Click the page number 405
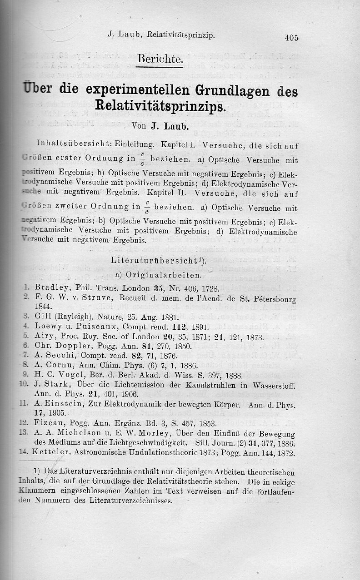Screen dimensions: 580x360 (x=291, y=38)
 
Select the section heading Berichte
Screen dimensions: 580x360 (x=160, y=59)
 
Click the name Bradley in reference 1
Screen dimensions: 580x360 (x=51, y=288)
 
